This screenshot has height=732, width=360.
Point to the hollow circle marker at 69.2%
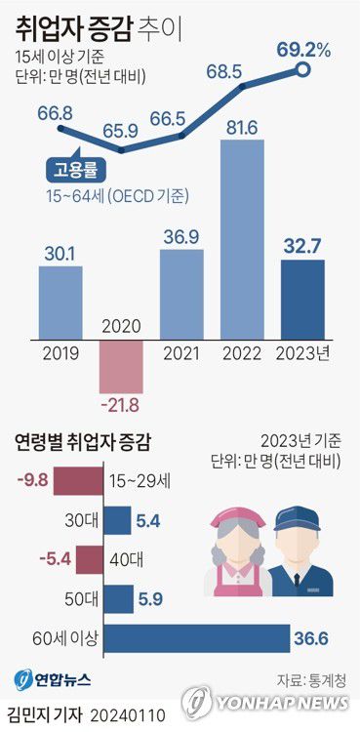[303, 69]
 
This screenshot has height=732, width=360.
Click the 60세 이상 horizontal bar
[195, 638]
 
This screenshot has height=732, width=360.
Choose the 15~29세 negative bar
[78, 481]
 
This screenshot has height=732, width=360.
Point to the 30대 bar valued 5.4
[116, 521]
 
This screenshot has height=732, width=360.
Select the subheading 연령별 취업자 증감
[85, 440]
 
